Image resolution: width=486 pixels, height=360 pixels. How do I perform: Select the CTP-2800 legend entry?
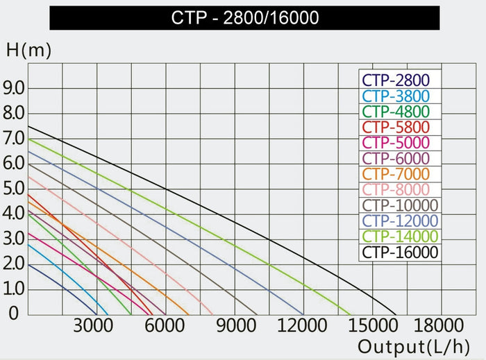tap(395, 81)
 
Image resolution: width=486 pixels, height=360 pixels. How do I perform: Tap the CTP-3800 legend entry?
tap(395, 96)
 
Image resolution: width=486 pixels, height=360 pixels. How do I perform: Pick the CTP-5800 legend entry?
tap(395, 127)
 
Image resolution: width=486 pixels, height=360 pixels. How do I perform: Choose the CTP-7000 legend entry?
tap(395, 173)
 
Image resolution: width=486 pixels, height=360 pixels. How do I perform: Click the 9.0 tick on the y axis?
tap(14, 88)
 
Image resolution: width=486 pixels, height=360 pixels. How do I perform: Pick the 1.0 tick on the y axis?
tap(14, 288)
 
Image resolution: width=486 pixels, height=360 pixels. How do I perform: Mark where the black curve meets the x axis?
tap(395, 314)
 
